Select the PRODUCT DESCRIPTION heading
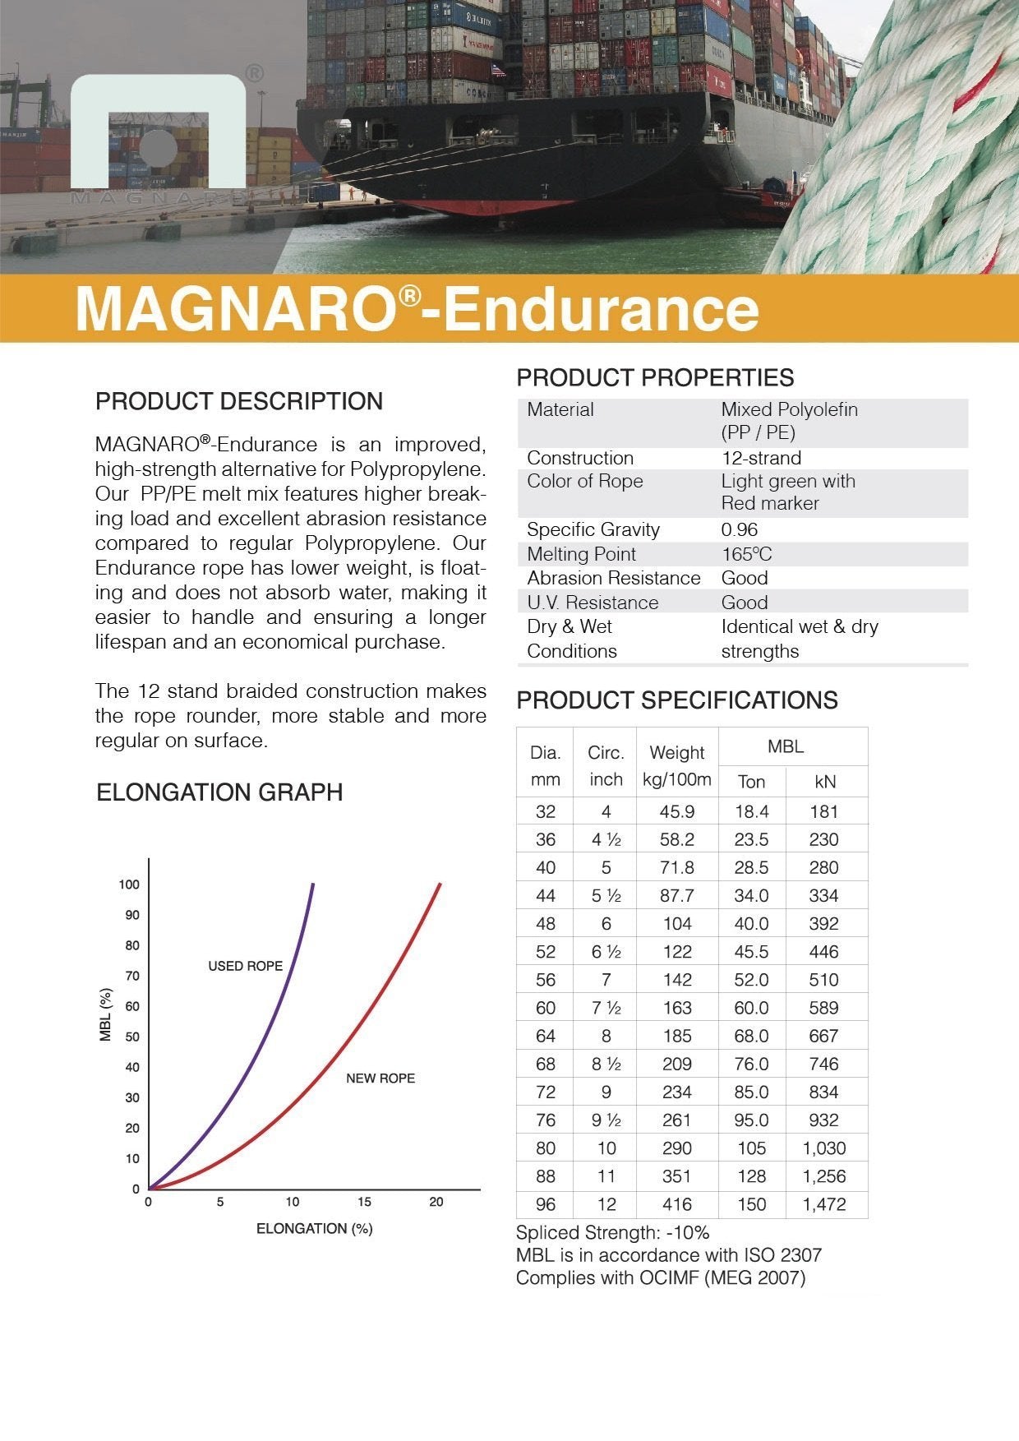(x=239, y=401)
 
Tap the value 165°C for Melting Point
(x=746, y=554)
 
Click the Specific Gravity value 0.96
(x=740, y=529)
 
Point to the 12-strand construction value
(x=761, y=458)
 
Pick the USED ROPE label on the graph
(x=245, y=966)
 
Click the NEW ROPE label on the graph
(x=380, y=1078)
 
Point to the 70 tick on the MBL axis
(x=132, y=976)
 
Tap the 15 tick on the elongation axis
(x=364, y=1202)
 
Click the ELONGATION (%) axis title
(x=315, y=1228)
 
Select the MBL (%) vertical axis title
(x=105, y=1014)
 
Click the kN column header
(x=825, y=782)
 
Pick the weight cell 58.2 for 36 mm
(x=676, y=839)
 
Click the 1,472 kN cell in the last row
(x=823, y=1204)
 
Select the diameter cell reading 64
(x=545, y=1036)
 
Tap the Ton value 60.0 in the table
(x=751, y=1008)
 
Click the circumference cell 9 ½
(x=606, y=1120)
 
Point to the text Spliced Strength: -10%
(x=612, y=1232)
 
